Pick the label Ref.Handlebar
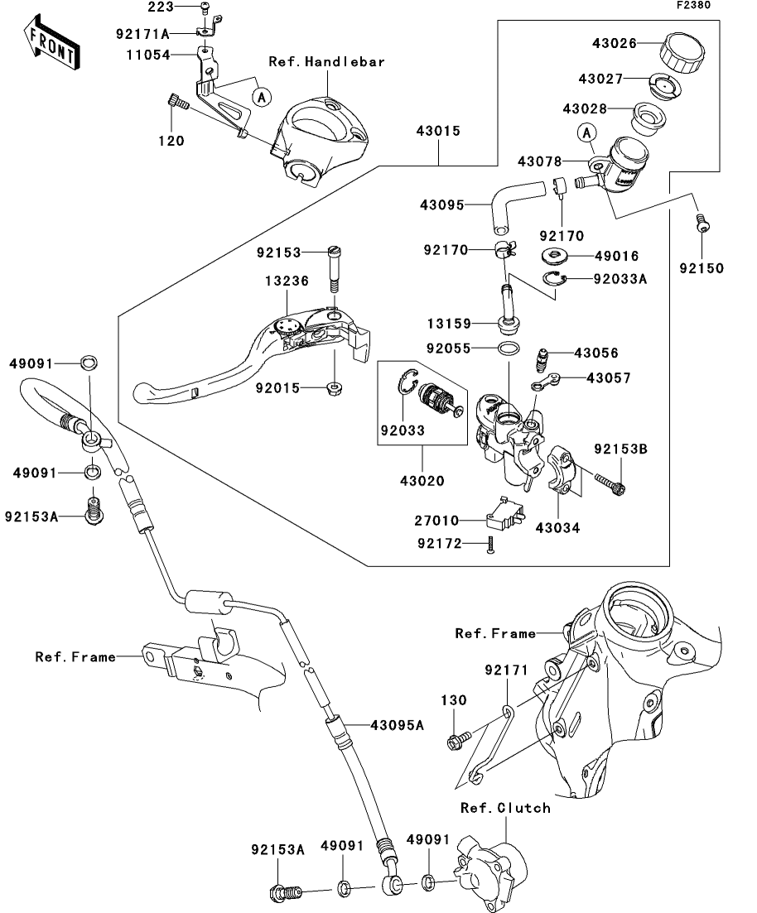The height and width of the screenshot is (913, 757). pos(326,61)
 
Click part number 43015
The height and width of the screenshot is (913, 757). pos(439,131)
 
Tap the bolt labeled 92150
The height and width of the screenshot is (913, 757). pos(702,223)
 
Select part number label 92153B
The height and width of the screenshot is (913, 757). pos(620,449)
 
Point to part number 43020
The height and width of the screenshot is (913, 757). pos(421,480)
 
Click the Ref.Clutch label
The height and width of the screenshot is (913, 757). pos(505,808)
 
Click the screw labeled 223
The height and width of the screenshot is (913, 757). pos(205,8)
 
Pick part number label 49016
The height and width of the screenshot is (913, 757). pos(617,257)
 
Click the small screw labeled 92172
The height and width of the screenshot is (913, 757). pos(490,544)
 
